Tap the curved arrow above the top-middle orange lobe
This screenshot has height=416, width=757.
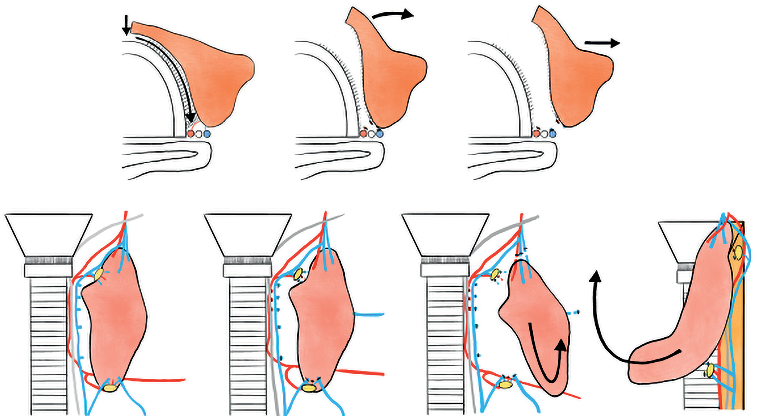[x=392, y=14]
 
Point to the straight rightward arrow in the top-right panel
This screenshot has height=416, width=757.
[x=602, y=43]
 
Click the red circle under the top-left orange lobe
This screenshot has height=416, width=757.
[x=190, y=134]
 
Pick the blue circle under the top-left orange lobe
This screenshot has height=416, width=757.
[x=207, y=134]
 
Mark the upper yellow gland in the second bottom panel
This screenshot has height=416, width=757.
[x=298, y=274]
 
